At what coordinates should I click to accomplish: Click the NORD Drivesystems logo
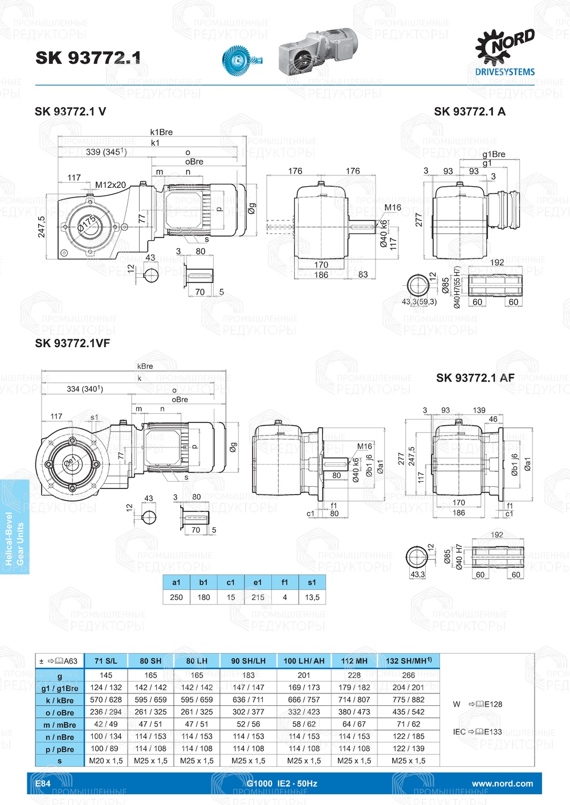(505, 52)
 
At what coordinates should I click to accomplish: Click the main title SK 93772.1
(88, 57)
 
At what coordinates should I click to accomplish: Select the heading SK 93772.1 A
(469, 112)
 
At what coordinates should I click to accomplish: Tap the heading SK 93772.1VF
(72, 343)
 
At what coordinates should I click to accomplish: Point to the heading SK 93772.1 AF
(475, 378)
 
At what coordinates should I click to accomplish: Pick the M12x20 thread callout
(110, 185)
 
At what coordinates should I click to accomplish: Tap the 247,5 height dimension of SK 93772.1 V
(42, 227)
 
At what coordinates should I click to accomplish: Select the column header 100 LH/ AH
(304, 661)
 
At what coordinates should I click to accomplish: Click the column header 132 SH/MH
(408, 661)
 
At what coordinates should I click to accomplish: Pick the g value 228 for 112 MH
(354, 675)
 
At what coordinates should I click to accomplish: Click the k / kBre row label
(60, 700)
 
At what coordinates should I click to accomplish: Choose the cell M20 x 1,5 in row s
(106, 761)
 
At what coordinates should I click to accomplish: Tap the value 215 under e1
(258, 597)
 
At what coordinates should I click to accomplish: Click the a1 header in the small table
(176, 582)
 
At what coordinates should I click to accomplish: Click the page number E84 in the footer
(43, 783)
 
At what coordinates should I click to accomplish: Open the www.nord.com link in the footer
(502, 783)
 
